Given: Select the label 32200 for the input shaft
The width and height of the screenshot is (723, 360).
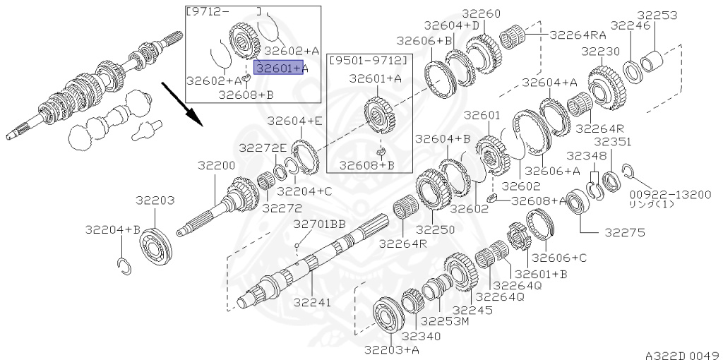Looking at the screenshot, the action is tap(216, 165).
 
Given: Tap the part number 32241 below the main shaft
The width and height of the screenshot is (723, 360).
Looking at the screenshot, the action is tap(313, 303).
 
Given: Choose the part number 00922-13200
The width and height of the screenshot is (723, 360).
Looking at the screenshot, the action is tap(671, 195).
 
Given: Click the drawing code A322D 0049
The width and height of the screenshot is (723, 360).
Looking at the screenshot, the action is tap(683, 355).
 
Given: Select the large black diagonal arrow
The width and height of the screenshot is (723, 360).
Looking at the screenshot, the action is tap(182, 104).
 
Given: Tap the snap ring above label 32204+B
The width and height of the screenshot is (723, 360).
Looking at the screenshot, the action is tap(124, 266).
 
